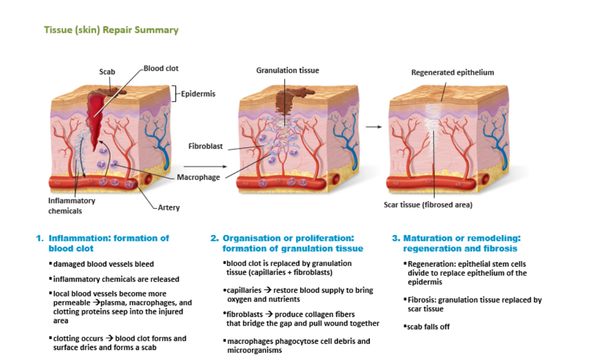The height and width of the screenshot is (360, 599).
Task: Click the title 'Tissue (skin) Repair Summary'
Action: (x=111, y=30)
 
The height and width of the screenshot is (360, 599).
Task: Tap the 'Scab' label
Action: (x=107, y=72)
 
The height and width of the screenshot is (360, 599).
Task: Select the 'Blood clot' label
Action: (x=161, y=69)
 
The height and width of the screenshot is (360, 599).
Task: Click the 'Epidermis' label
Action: (x=198, y=94)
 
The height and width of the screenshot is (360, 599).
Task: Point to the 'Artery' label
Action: (x=169, y=208)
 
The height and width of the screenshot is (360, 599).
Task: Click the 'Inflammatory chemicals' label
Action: (x=71, y=206)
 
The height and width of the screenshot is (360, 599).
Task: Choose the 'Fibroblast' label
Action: (x=205, y=146)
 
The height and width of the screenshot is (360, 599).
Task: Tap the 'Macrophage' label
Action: (x=198, y=177)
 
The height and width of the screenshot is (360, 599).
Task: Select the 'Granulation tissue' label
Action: (x=287, y=70)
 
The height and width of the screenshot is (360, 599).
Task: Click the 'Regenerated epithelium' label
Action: (x=452, y=72)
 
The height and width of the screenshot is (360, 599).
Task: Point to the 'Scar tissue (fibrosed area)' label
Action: (x=428, y=205)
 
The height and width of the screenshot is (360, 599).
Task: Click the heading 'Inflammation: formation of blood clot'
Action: (x=108, y=243)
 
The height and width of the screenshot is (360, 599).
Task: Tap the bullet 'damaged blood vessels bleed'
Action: (x=104, y=264)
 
